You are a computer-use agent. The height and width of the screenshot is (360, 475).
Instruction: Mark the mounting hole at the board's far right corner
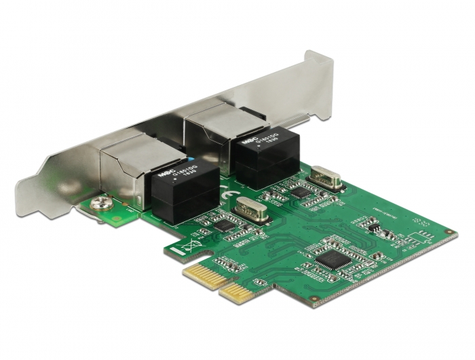(449, 232)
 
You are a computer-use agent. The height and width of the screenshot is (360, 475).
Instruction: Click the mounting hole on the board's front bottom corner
(313, 298)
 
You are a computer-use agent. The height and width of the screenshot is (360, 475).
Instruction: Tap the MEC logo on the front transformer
(164, 173)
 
